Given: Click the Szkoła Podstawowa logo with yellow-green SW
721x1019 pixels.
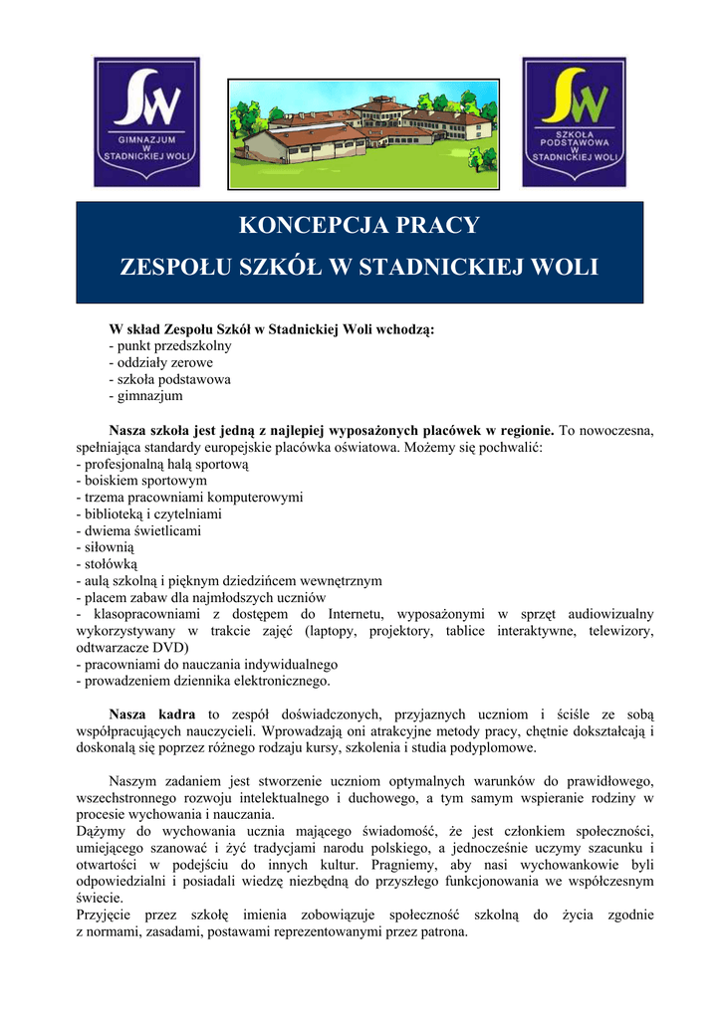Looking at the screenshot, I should (x=575, y=121).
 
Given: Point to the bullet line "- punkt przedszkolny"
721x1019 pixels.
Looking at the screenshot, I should (x=170, y=345).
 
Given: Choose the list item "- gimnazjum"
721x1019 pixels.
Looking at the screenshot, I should (x=145, y=396).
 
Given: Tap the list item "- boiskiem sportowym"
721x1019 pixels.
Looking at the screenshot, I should (x=141, y=481).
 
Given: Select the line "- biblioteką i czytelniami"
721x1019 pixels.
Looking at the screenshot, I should (x=148, y=514).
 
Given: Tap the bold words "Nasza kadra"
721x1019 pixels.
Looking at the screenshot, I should (x=151, y=714).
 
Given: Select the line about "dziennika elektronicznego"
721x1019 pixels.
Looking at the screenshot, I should (x=202, y=682).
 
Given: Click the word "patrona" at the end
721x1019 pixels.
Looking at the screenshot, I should (x=442, y=932).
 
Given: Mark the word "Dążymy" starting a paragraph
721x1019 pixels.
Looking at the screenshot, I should (x=99, y=832).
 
